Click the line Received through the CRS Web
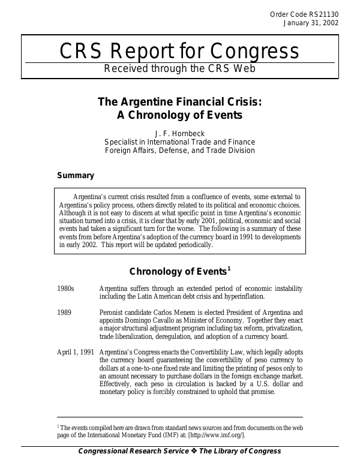click(x=180, y=68)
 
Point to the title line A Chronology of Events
click(x=180, y=115)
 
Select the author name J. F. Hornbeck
click(x=180, y=133)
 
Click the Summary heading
click(x=75, y=176)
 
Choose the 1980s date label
click(x=65, y=288)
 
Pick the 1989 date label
click(x=64, y=312)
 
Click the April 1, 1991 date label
click(x=75, y=352)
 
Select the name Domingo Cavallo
click(x=149, y=321)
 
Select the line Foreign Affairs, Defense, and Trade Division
click(x=180, y=151)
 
